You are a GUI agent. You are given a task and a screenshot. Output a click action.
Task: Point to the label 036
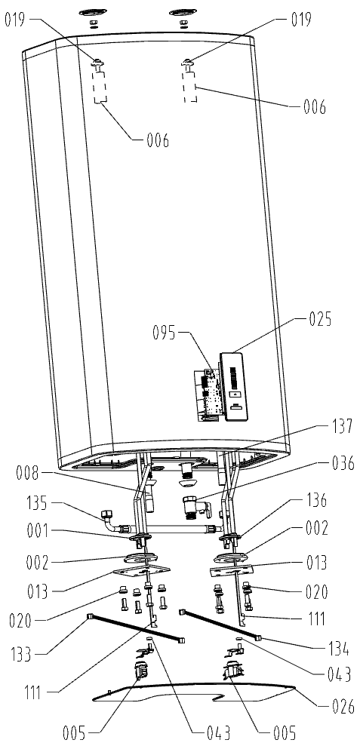(342, 463)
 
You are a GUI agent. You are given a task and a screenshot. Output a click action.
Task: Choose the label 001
(38, 530)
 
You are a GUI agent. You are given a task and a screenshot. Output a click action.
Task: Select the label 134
(337, 650)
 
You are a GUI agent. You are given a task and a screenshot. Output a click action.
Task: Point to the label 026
(343, 707)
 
